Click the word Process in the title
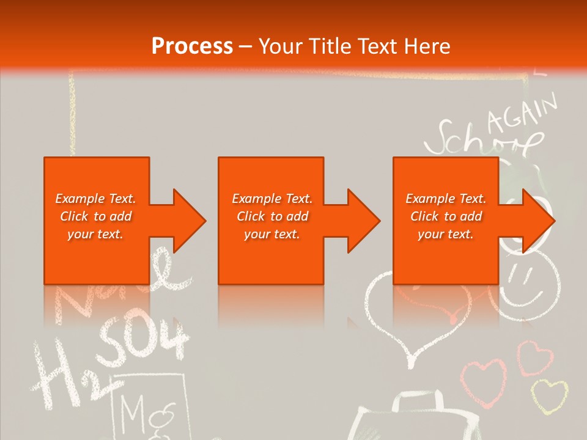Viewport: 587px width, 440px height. tap(192, 46)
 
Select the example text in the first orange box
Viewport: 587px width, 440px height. tap(96, 216)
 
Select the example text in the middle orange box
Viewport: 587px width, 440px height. tap(272, 216)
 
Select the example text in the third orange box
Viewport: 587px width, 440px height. tap(446, 216)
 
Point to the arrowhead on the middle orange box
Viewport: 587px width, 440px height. tap(361, 221)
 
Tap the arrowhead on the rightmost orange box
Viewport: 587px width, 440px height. tap(536, 221)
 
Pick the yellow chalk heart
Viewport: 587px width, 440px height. tap(548, 394)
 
